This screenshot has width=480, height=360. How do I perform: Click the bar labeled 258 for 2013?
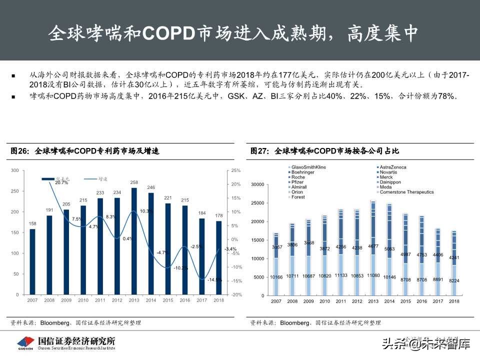(x=134, y=240)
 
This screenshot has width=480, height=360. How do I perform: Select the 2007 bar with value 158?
(x=32, y=261)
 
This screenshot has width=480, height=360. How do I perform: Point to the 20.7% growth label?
(x=61, y=182)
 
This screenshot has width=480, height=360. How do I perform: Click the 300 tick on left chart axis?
(x=14, y=170)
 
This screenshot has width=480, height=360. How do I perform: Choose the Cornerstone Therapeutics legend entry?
(x=406, y=192)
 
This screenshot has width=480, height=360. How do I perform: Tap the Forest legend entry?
(x=298, y=197)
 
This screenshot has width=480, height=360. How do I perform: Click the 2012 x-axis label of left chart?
(x=117, y=300)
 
